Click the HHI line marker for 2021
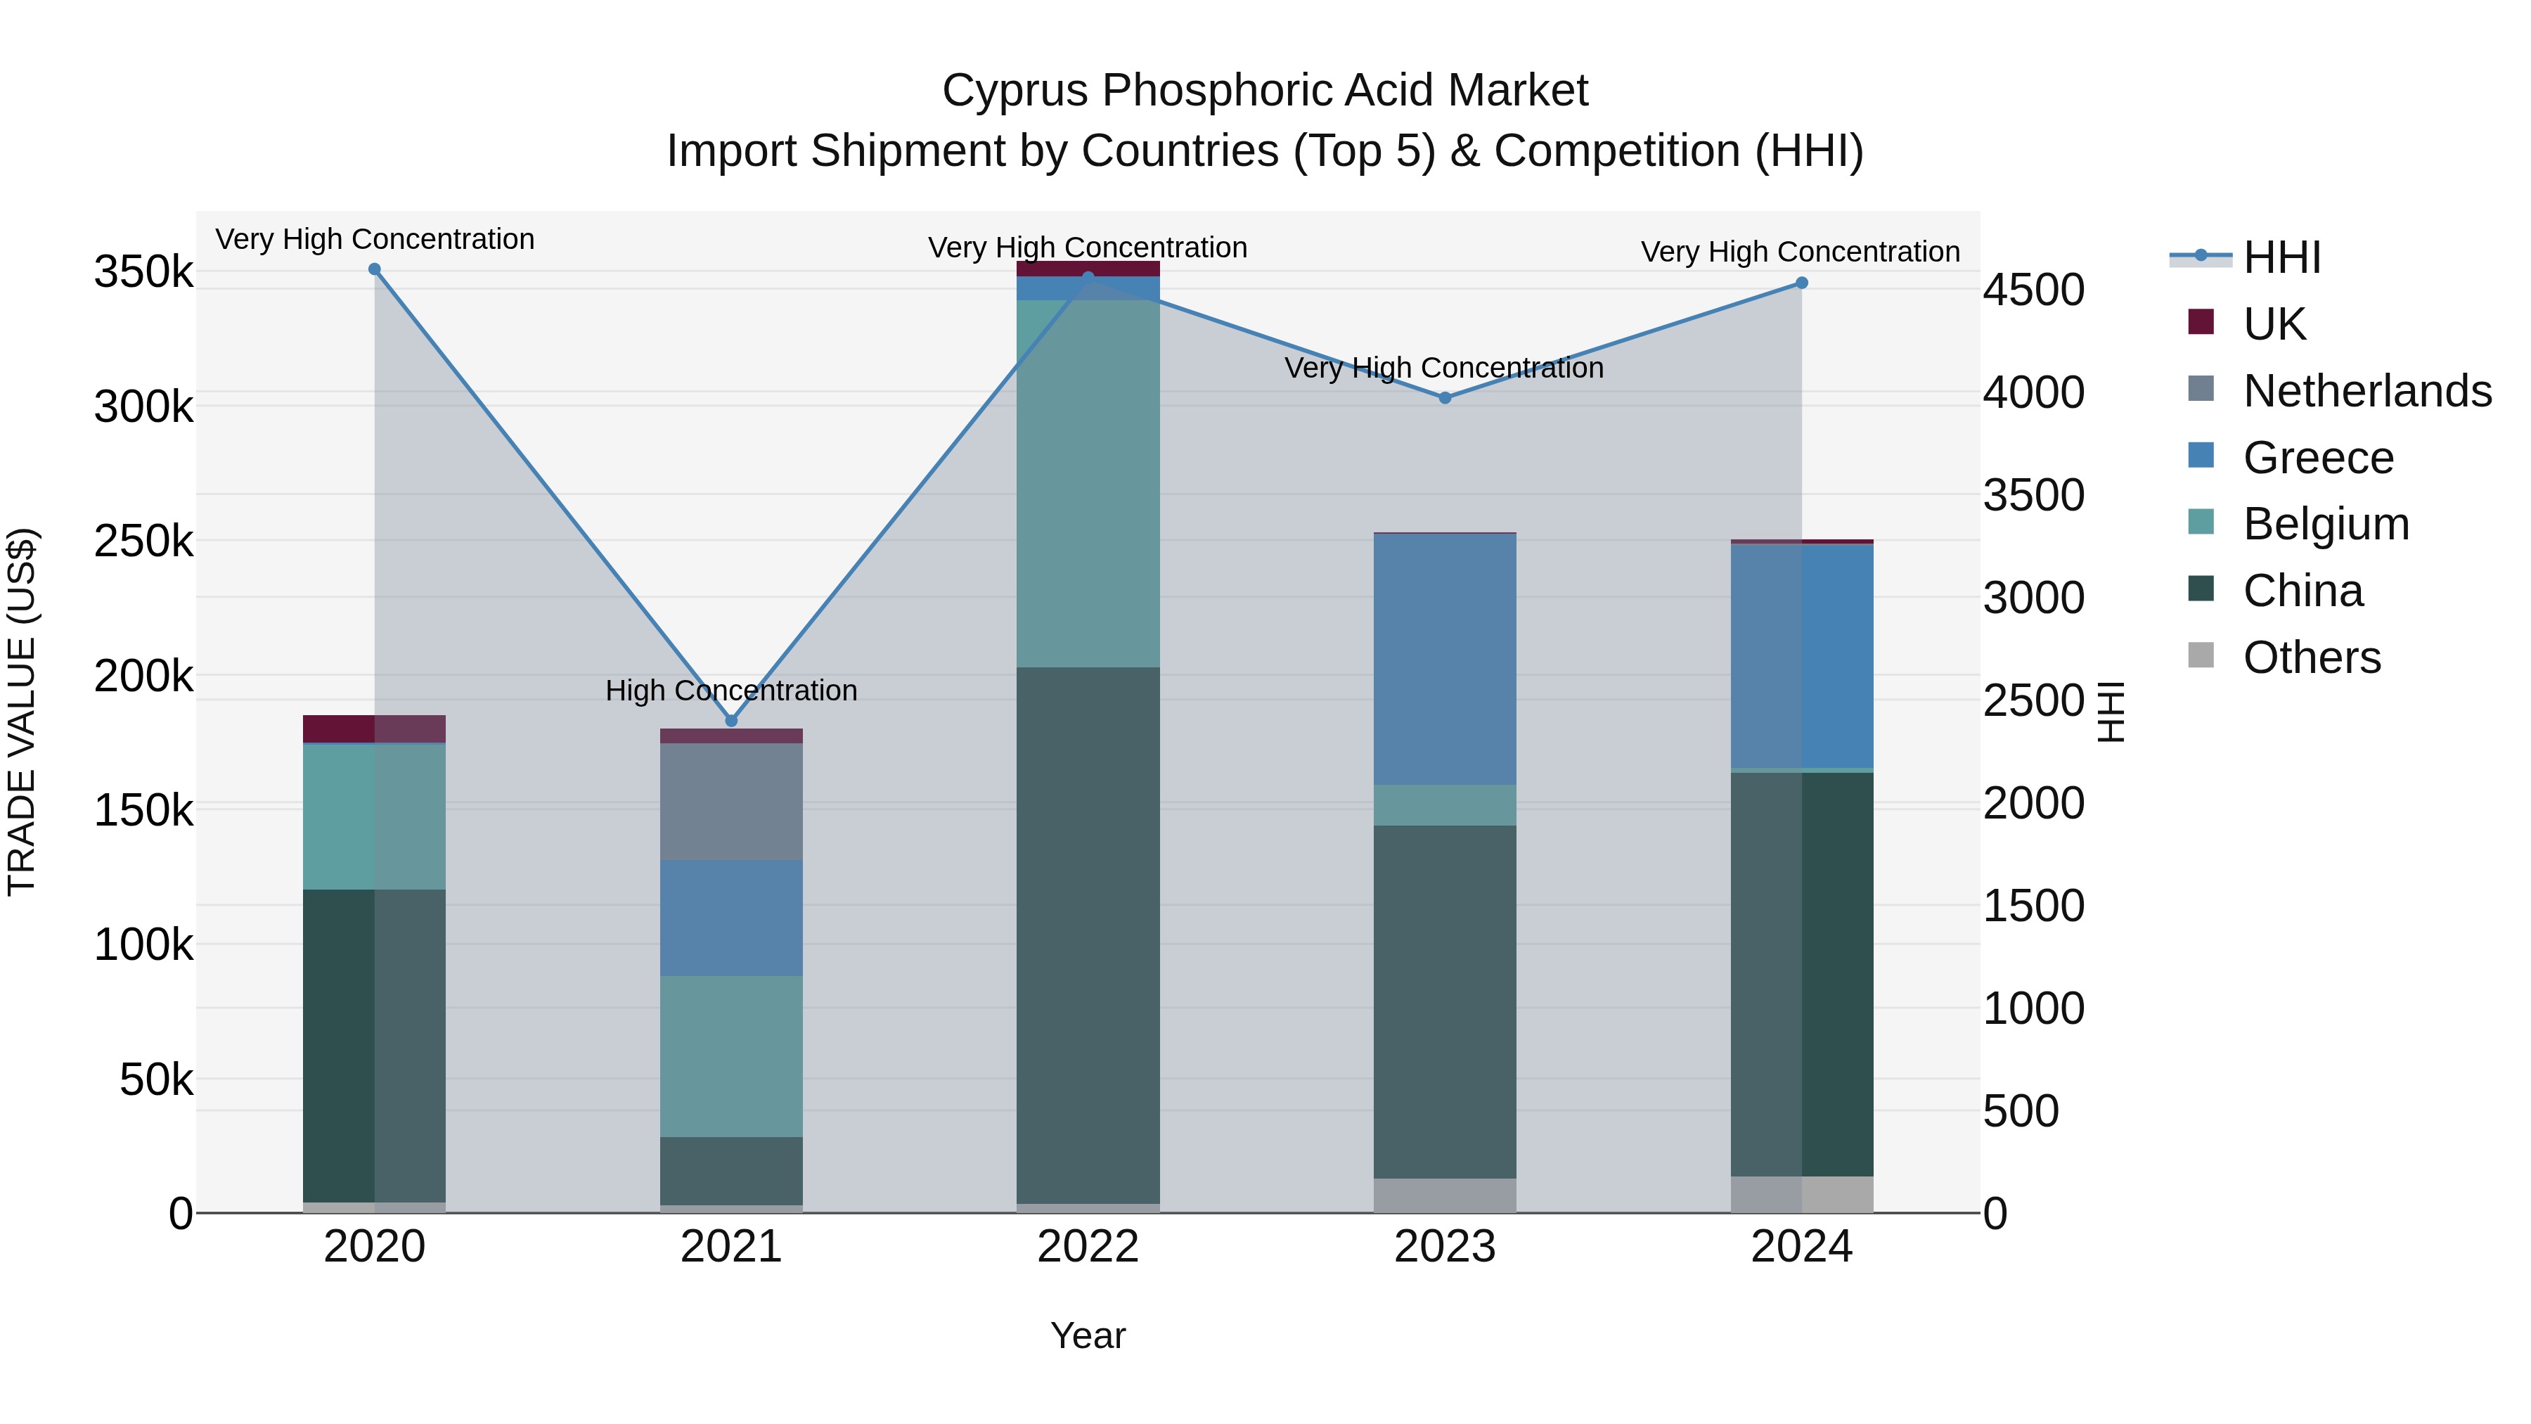[x=731, y=720]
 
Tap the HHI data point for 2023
[x=1444, y=398]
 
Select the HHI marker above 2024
[x=1801, y=283]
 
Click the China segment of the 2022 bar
[x=1088, y=934]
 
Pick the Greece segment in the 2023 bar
[x=1444, y=658]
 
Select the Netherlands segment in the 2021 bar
[x=731, y=801]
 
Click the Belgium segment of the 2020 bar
[x=373, y=816]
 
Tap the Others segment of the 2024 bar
[x=1801, y=1194]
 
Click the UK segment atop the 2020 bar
[x=373, y=729]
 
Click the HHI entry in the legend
[x=2281, y=257]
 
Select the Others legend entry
[x=2311, y=657]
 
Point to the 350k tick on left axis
[x=143, y=272]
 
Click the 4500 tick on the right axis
[x=2033, y=290]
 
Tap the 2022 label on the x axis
[x=1088, y=1247]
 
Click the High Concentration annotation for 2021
[x=731, y=690]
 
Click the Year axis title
[x=1088, y=1335]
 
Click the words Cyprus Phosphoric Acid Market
[x=1265, y=91]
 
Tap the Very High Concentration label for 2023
[x=1443, y=368]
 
